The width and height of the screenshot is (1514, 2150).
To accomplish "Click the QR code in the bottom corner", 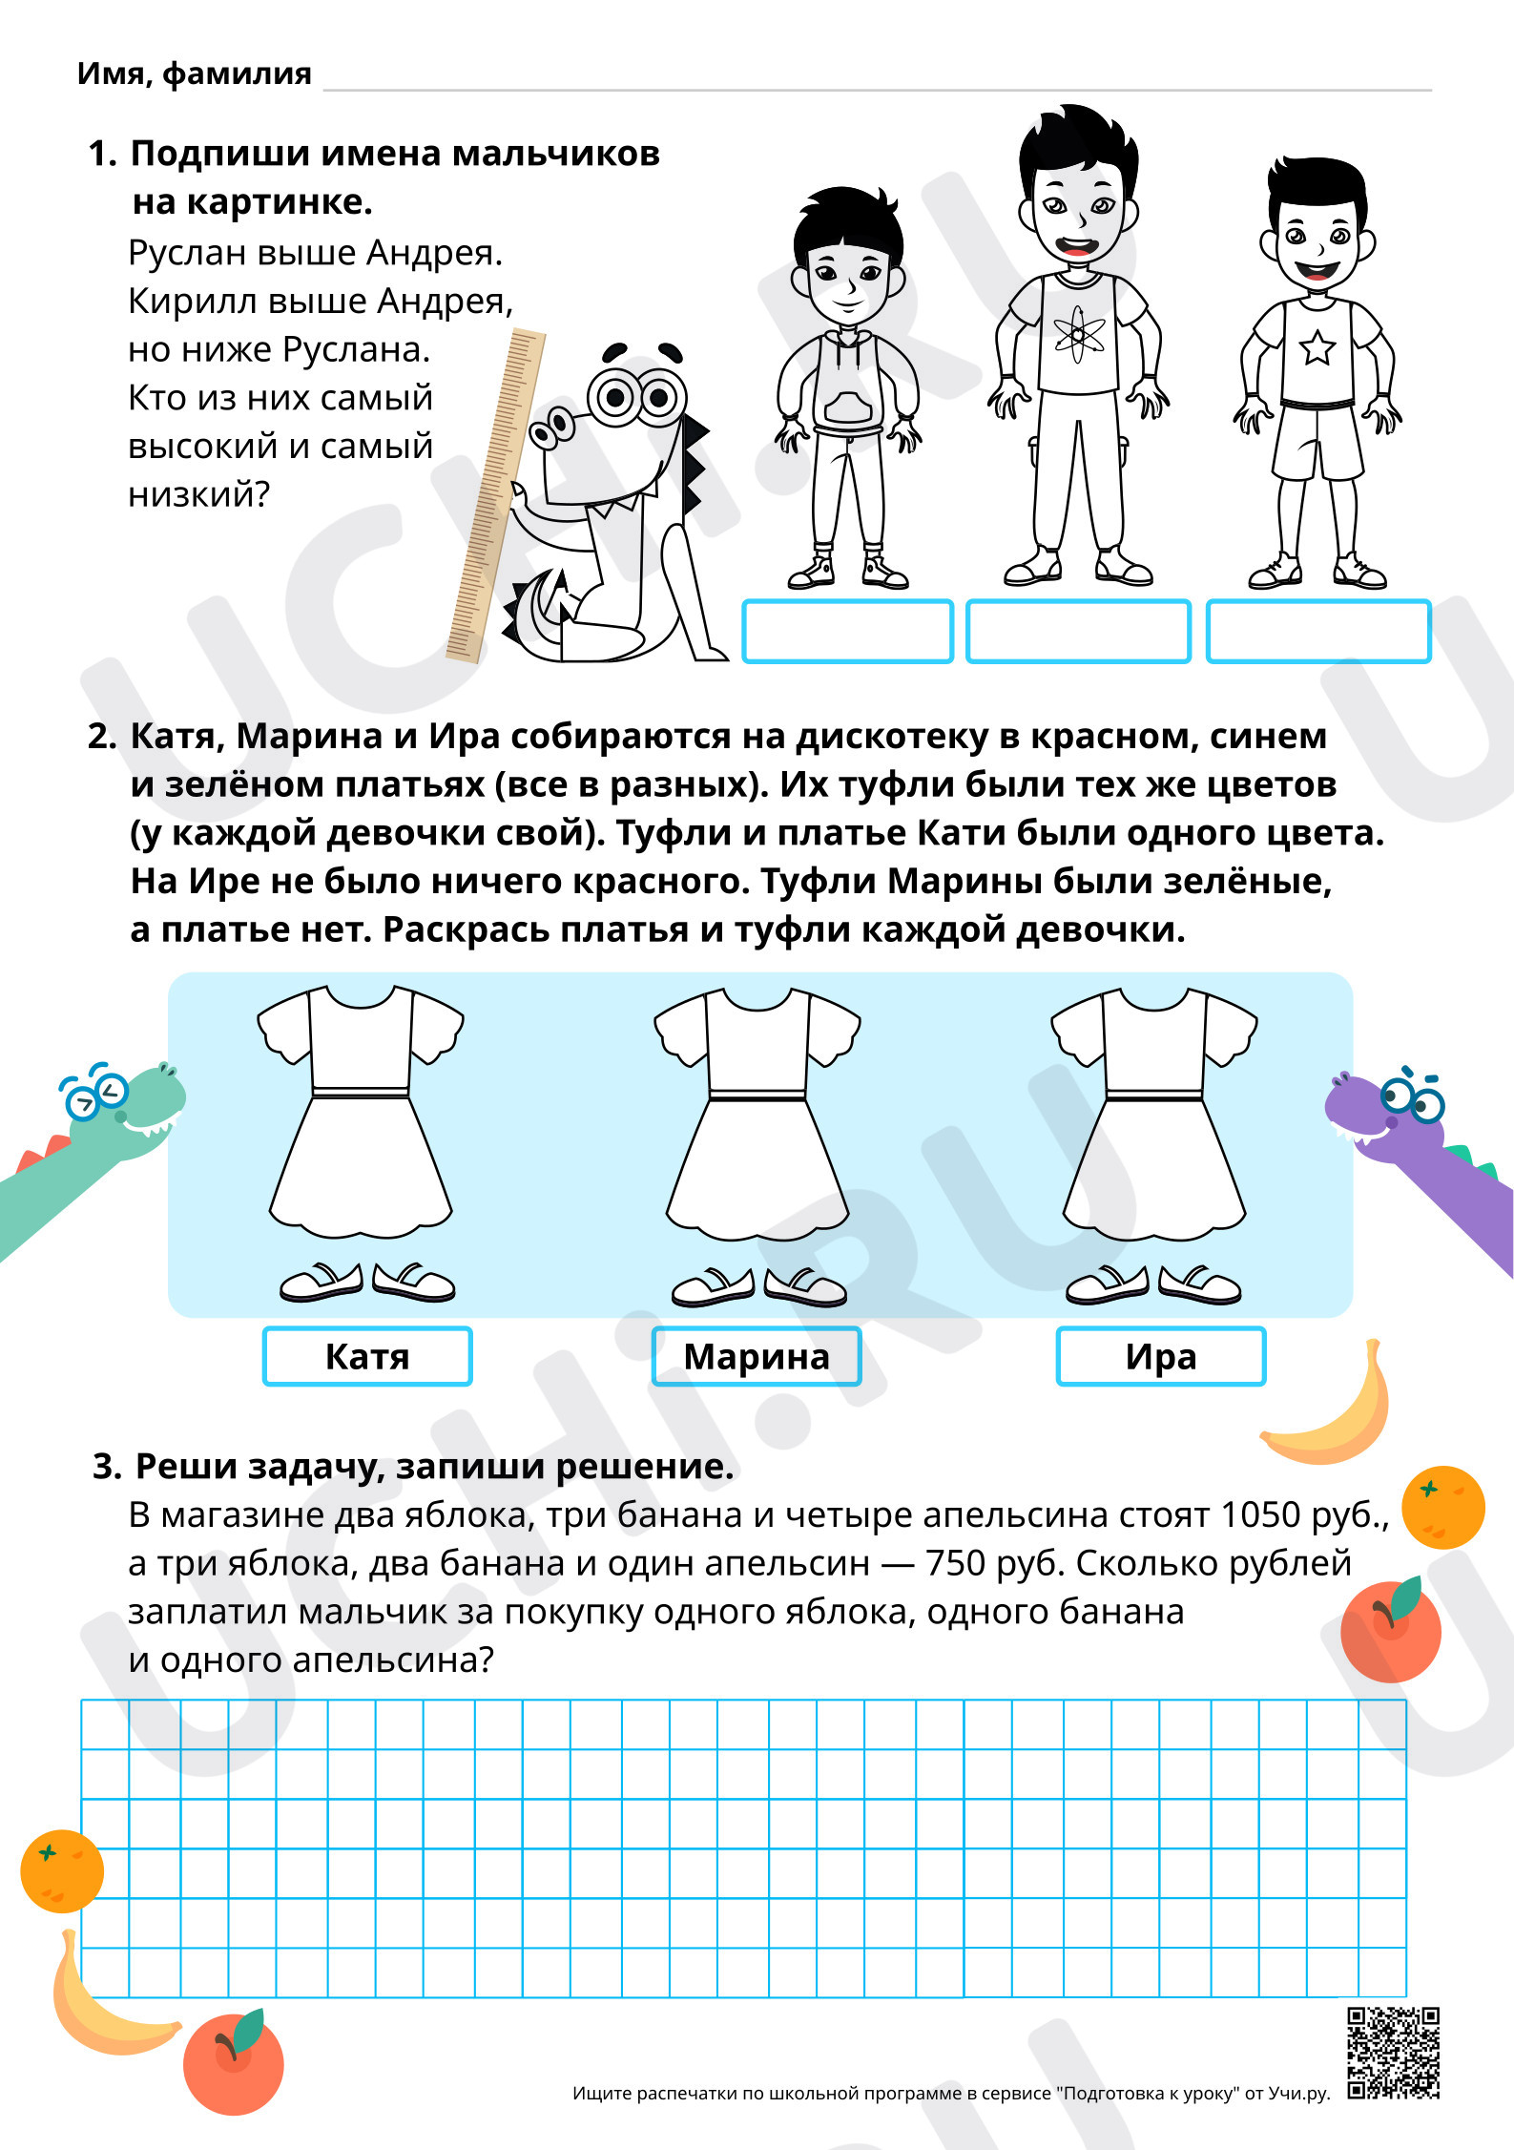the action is pos(1393,2053).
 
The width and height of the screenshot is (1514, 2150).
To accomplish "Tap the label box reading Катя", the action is pos(367,1356).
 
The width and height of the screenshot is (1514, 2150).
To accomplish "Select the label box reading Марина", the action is pos(757,1356).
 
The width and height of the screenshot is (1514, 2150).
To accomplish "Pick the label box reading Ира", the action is pos(1161,1356).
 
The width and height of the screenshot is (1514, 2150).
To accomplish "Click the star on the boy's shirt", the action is pos(1317,347).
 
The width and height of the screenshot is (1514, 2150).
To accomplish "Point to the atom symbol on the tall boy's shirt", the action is pos(1079,334).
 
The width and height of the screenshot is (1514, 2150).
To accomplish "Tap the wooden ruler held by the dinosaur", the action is pos(495,495).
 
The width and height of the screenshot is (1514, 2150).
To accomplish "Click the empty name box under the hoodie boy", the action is pos(848,631).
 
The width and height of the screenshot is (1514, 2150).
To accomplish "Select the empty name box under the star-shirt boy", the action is pos(1318,631).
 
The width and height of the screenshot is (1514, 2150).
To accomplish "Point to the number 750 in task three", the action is pos(956,1563).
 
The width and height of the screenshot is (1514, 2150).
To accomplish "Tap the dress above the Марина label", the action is pos(757,1114).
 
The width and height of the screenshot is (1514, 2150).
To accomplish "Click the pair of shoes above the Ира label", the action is pos(1153,1284).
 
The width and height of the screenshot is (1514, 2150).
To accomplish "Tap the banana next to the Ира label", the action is pos(1327,1404).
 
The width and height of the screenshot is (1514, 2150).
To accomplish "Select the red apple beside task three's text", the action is pos(1391,1630).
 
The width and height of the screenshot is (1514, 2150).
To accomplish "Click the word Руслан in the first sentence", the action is pos(188,253).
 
